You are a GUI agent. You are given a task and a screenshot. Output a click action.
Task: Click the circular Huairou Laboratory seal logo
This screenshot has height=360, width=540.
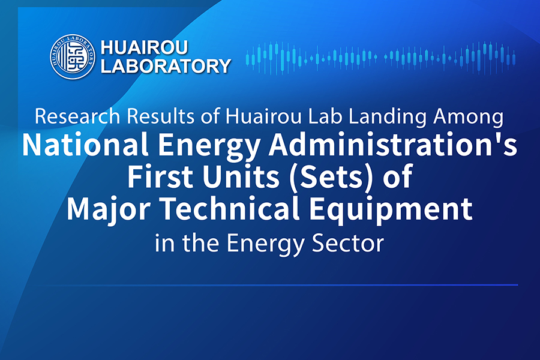pos(72,56)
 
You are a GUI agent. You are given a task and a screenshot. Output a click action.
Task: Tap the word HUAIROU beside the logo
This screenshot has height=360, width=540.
pos(144,47)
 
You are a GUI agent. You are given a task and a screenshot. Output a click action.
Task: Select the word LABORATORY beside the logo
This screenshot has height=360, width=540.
pos(166,66)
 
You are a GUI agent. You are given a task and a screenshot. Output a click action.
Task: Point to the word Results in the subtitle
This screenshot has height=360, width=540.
pos(160,116)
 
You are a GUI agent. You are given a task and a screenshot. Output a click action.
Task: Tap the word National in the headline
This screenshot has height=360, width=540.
pos(85,145)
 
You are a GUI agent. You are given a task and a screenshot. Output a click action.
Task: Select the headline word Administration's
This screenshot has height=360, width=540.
pos(393,145)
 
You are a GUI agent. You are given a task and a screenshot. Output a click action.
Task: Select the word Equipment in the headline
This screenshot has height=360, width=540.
pos(391,209)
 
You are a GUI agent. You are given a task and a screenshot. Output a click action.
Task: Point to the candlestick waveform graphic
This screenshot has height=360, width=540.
pos(380,58)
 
